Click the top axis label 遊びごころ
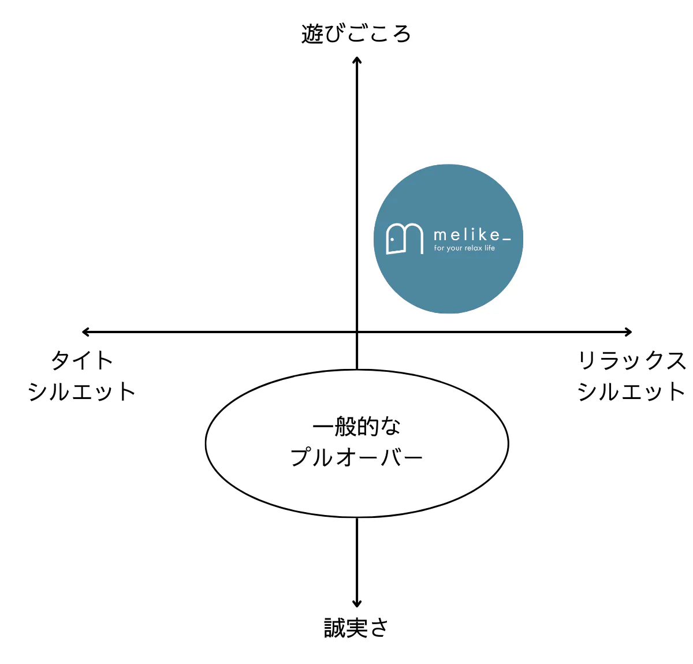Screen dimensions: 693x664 [356, 34]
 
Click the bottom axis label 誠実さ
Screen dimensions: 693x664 [355, 627]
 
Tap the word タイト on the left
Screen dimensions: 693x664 [82, 360]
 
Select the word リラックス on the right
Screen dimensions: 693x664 [631, 360]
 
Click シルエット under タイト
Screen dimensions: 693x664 [82, 391]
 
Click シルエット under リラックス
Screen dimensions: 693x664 [631, 391]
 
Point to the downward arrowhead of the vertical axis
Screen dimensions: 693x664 [357, 604]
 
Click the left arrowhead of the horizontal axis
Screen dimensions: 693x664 [85, 332]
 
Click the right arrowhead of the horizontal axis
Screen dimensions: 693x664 [628, 332]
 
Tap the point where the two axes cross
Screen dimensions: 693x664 [357, 332]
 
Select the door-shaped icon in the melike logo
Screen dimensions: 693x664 [405, 238]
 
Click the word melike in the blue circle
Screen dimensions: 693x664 [467, 235]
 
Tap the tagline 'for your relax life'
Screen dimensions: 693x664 [464, 248]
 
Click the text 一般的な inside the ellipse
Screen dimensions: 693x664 [356, 426]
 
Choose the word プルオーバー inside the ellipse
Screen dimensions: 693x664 [356, 457]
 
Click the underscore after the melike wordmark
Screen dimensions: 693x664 [506, 239]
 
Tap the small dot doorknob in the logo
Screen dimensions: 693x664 [392, 239]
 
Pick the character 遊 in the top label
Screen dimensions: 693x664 [312, 34]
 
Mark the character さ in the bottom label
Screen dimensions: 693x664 [378, 627]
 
